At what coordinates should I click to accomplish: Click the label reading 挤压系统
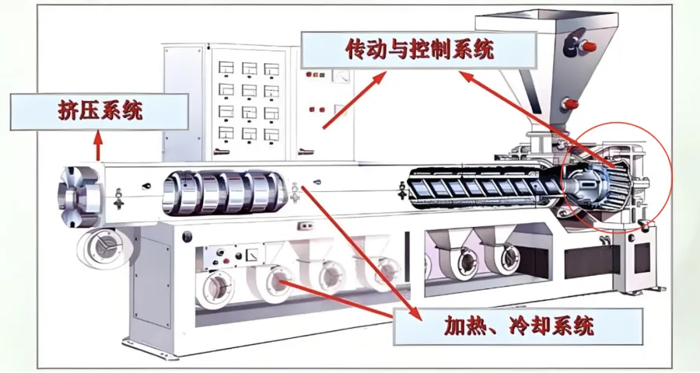tap(100, 111)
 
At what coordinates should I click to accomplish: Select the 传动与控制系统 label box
tap(419, 51)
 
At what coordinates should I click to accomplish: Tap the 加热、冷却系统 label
tap(518, 325)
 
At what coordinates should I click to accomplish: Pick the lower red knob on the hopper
tap(569, 103)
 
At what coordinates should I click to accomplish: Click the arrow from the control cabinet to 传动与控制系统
tap(354, 100)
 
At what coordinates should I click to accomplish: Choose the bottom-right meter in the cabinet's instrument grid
tap(272, 133)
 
